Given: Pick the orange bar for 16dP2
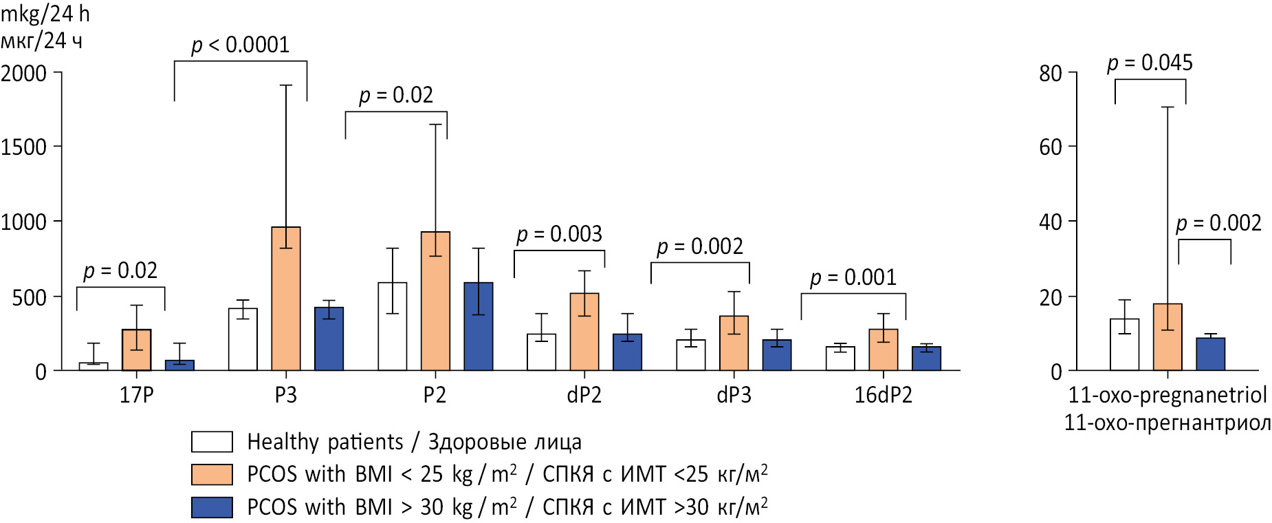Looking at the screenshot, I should (x=884, y=350).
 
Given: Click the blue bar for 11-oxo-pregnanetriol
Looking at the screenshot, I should (x=1210, y=354).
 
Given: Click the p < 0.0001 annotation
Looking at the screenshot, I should (x=240, y=45).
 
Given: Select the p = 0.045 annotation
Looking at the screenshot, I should (x=1150, y=63).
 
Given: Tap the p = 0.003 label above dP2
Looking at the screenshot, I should (x=559, y=235).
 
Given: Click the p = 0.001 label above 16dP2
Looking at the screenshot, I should (x=853, y=278).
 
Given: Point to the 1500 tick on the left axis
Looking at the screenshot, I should (x=24, y=147).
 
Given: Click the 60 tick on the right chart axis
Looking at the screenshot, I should (x=1051, y=147).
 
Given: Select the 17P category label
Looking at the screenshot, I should (x=136, y=395).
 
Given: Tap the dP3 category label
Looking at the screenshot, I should (x=734, y=395).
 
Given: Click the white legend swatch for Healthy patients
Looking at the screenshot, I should (x=212, y=442).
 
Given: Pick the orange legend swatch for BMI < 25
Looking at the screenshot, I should (x=212, y=474).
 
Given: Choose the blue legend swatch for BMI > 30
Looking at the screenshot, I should (x=212, y=507).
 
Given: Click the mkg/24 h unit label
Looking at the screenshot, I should (x=45, y=14).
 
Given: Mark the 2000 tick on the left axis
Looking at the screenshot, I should (x=24, y=73).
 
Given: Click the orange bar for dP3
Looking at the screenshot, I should (x=734, y=343).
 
